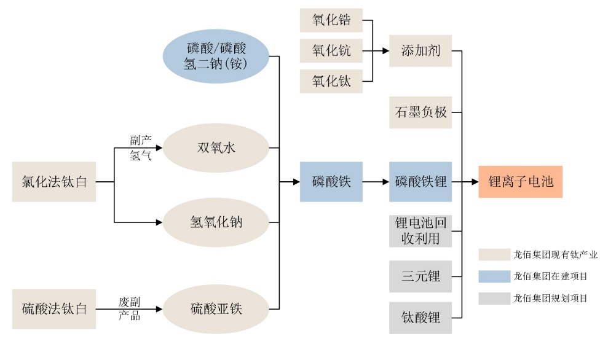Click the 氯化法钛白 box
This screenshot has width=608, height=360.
pyautogui.click(x=54, y=182)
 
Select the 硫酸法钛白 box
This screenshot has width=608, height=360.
pyautogui.click(x=54, y=308)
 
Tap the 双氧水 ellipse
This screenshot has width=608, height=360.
pyautogui.click(x=216, y=148)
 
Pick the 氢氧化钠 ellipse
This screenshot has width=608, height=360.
pyautogui.click(x=216, y=222)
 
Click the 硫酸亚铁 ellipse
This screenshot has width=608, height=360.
pyautogui.click(x=216, y=308)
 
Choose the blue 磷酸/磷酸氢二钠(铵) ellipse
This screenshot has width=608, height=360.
pyautogui.click(x=216, y=55)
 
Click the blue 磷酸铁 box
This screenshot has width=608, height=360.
pyautogui.click(x=331, y=182)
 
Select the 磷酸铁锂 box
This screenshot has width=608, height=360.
pyautogui.click(x=420, y=182)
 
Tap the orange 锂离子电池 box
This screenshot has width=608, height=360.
pyautogui.click(x=521, y=182)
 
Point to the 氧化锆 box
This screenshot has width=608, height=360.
pyautogui.click(x=331, y=20)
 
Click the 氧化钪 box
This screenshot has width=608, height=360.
pyautogui.click(x=331, y=50)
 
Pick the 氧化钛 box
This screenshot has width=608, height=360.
pyautogui.click(x=331, y=81)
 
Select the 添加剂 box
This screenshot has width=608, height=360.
pyautogui.click(x=420, y=50)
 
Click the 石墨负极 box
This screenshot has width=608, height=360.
pyautogui.click(x=420, y=112)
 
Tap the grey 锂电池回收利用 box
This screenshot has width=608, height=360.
pyautogui.click(x=420, y=231)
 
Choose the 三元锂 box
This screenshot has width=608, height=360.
pyautogui.click(x=420, y=276)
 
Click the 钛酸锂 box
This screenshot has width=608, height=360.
pyautogui.click(x=420, y=318)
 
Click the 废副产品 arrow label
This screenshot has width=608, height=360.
pyautogui.click(x=130, y=308)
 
